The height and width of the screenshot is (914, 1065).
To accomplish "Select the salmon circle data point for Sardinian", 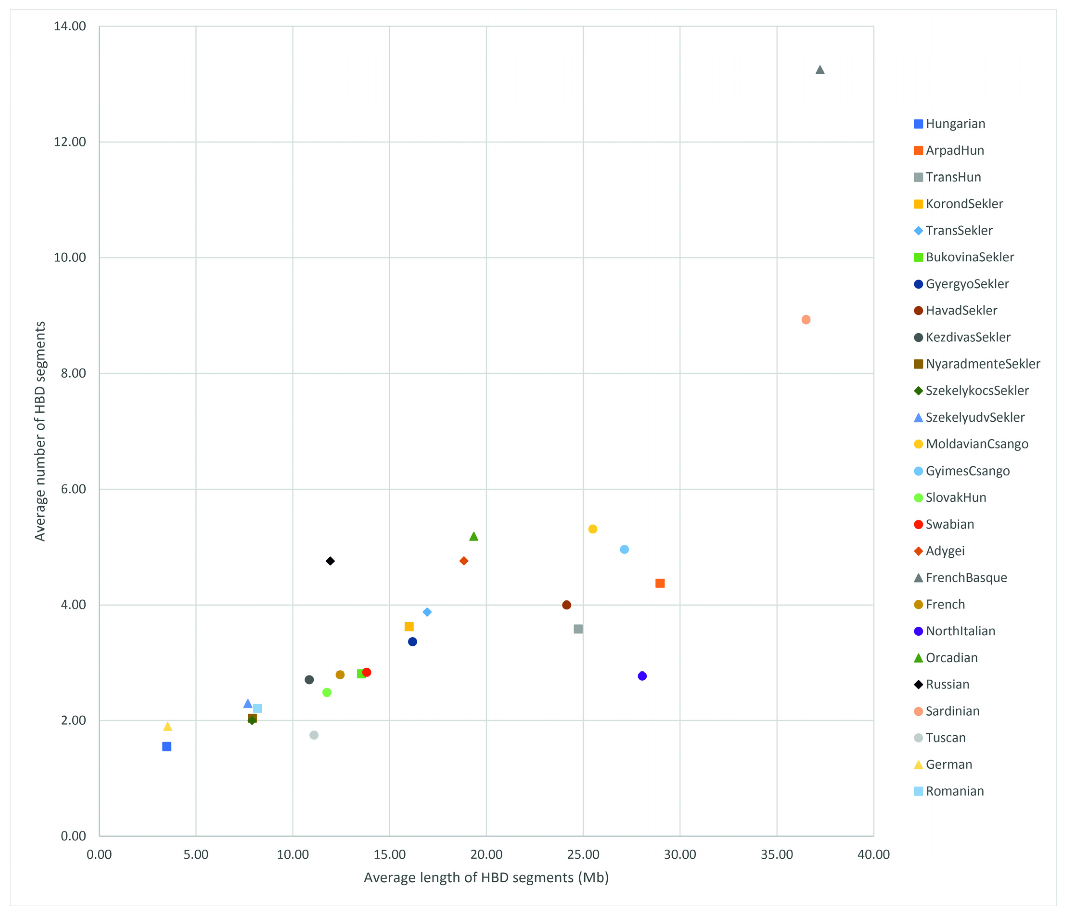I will click(x=806, y=319).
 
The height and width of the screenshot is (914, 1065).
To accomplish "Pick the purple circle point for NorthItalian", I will click(x=642, y=676).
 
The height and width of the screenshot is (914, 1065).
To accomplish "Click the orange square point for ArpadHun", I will click(x=660, y=583).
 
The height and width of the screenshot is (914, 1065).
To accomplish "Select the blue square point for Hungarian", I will click(x=166, y=746).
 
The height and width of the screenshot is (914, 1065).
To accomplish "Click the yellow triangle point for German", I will click(x=168, y=726).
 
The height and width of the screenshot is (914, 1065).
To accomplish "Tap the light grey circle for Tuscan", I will click(x=314, y=735).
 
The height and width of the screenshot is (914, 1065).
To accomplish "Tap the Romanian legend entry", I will click(x=955, y=791).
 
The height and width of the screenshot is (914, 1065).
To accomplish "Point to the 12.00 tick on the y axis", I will click(x=70, y=142).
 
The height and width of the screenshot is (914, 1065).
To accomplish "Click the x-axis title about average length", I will click(x=486, y=877).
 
